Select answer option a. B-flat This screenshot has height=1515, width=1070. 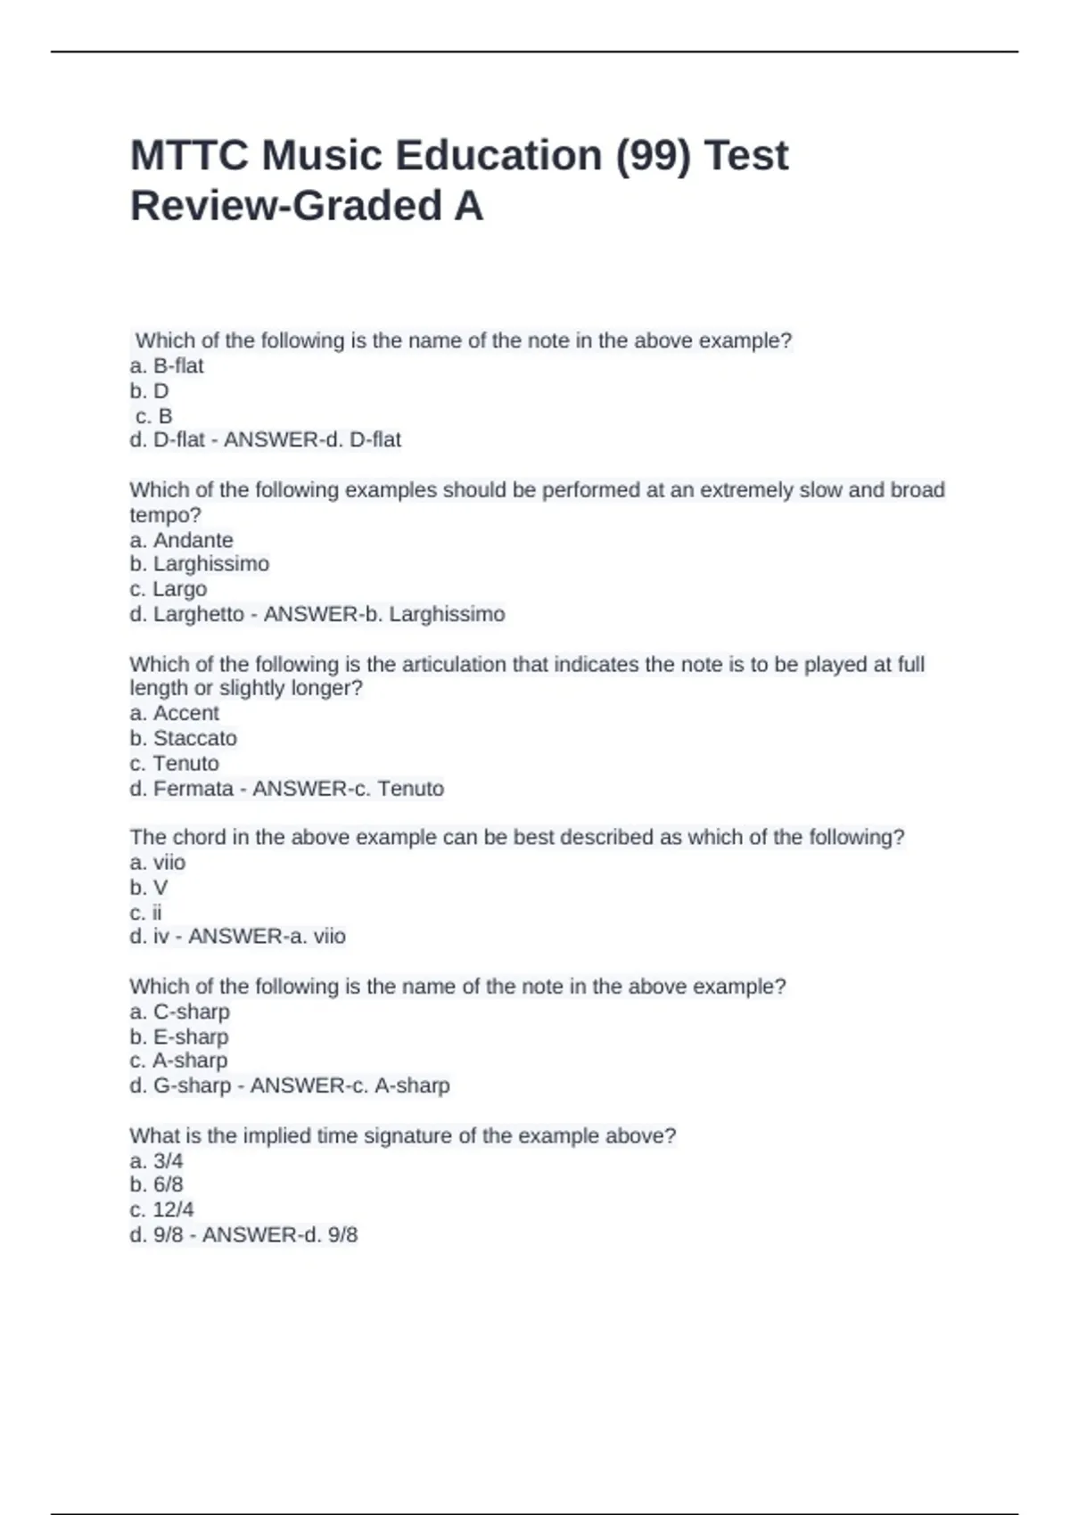167,365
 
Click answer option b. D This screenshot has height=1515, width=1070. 149,390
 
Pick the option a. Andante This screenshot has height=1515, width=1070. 181,540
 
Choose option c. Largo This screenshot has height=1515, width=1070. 169,589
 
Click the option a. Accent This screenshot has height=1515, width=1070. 174,713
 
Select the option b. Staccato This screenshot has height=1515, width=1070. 183,738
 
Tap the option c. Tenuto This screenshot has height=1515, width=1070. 174,763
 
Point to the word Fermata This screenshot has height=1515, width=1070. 193,789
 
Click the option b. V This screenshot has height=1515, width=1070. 149,888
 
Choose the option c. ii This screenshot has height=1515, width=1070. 146,913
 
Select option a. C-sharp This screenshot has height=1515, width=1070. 179,1011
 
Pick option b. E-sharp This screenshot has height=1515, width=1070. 179,1036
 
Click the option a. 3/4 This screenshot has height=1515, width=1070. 156,1160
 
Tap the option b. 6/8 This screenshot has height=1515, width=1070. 156,1184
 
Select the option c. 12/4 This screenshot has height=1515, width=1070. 161,1209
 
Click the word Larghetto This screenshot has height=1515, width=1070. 198,614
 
